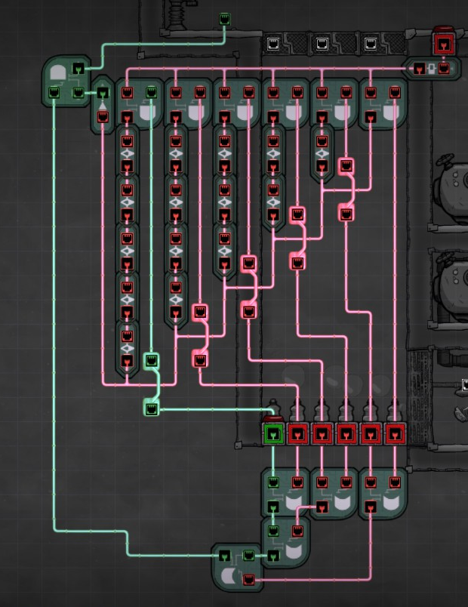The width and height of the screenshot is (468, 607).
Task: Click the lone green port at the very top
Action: (x=224, y=19)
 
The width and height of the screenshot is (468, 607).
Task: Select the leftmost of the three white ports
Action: (x=274, y=44)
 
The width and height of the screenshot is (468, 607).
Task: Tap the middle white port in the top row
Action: (x=322, y=44)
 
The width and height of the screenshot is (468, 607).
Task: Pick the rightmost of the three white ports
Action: (x=370, y=44)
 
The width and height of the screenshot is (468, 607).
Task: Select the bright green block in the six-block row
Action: (x=273, y=433)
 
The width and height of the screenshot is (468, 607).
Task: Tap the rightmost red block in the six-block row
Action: (x=395, y=433)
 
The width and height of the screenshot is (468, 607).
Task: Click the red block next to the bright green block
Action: (x=297, y=433)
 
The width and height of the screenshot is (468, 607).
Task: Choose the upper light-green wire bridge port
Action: (x=151, y=360)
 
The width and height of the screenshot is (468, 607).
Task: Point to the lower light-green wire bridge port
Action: (x=151, y=408)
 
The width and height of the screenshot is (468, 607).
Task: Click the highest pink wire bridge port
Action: (x=346, y=165)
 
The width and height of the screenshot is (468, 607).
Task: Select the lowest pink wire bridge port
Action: (x=200, y=360)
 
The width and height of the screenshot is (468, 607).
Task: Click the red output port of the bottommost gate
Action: (x=249, y=580)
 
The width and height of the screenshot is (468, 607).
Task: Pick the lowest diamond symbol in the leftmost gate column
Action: (x=127, y=348)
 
